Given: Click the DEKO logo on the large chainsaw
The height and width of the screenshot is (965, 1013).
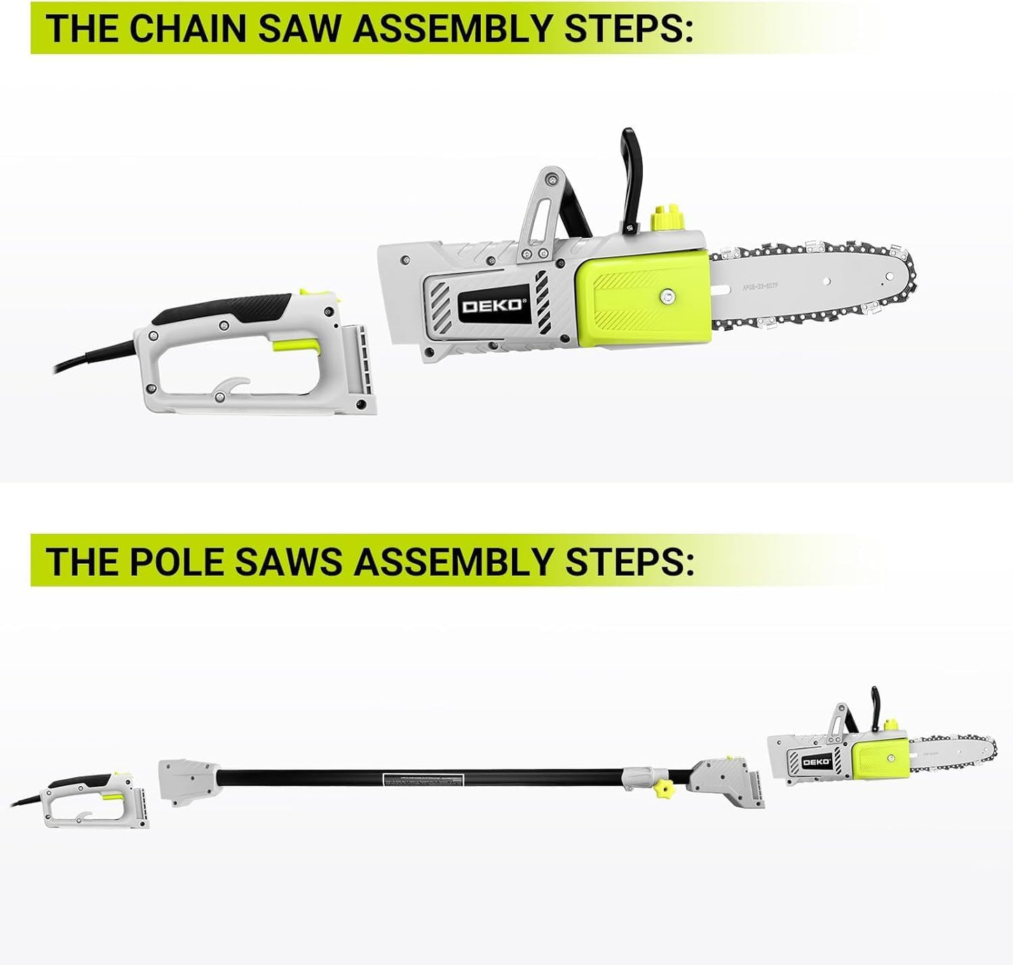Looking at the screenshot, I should [491, 306].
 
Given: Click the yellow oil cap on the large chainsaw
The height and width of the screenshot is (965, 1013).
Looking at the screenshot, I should [667, 217].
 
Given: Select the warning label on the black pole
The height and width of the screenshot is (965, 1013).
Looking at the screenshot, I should [422, 780].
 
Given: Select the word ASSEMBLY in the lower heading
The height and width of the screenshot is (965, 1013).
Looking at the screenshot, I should [453, 561].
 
